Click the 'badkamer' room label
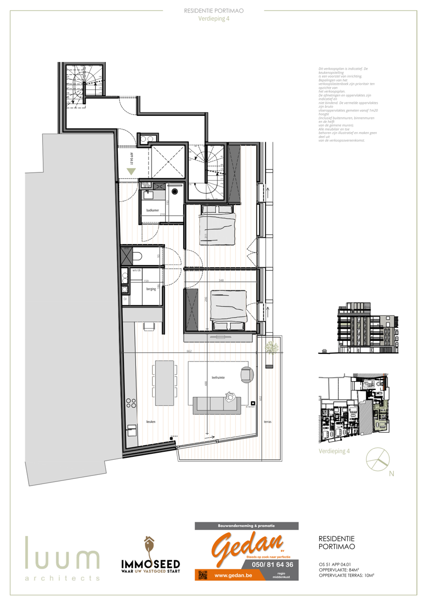coord(153,209)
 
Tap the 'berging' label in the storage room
coord(151,289)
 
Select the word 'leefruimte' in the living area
coord(218,377)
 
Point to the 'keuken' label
coord(151,421)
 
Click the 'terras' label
coord(267,421)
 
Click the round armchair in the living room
coord(247,375)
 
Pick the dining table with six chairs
coord(165,382)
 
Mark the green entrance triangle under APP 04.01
coord(131,171)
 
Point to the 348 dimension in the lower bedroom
coord(221,280)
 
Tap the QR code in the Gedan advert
coord(202,575)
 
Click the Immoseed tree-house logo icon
coord(149,547)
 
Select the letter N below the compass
coord(391,473)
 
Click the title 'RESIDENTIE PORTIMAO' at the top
coord(215,10)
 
